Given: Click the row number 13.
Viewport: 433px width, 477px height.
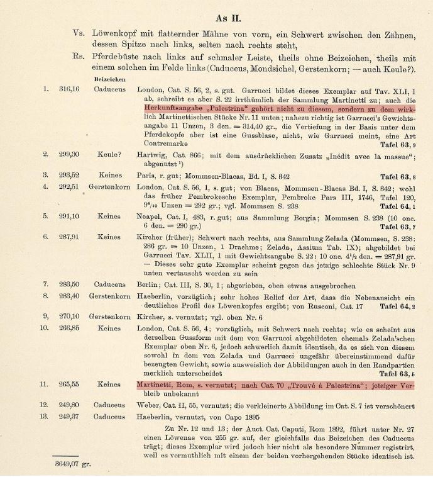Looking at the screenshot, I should pyautogui.click(x=44, y=416).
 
